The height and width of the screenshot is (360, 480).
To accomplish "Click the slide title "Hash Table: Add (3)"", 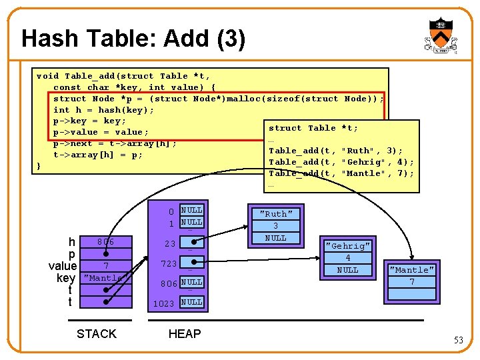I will click(133, 39).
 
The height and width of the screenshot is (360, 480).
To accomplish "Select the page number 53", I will click(459, 341).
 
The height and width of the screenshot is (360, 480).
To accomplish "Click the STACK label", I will click(97, 334).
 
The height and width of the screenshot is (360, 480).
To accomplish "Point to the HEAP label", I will click(185, 334).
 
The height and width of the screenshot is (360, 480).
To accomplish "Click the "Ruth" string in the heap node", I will click(275, 214).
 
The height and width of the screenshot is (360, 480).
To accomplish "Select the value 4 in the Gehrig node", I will click(347, 258).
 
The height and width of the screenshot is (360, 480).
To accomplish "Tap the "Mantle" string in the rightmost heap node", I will click(412, 270).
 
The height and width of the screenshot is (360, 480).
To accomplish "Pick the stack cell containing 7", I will click(105, 267).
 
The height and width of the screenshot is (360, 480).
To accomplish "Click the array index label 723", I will click(168, 264).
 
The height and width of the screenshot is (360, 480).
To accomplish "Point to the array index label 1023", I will click(164, 303).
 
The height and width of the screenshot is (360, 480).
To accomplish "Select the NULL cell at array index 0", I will click(192, 211).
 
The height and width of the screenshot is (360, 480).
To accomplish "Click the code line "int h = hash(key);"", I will click(103, 110).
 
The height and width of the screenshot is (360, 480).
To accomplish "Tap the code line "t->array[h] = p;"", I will click(98, 155).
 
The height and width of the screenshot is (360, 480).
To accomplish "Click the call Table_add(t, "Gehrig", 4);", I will click(341, 162).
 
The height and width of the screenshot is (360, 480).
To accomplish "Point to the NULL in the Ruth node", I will click(275, 238).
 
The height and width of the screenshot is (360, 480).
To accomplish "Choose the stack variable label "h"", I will click(71, 242).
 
